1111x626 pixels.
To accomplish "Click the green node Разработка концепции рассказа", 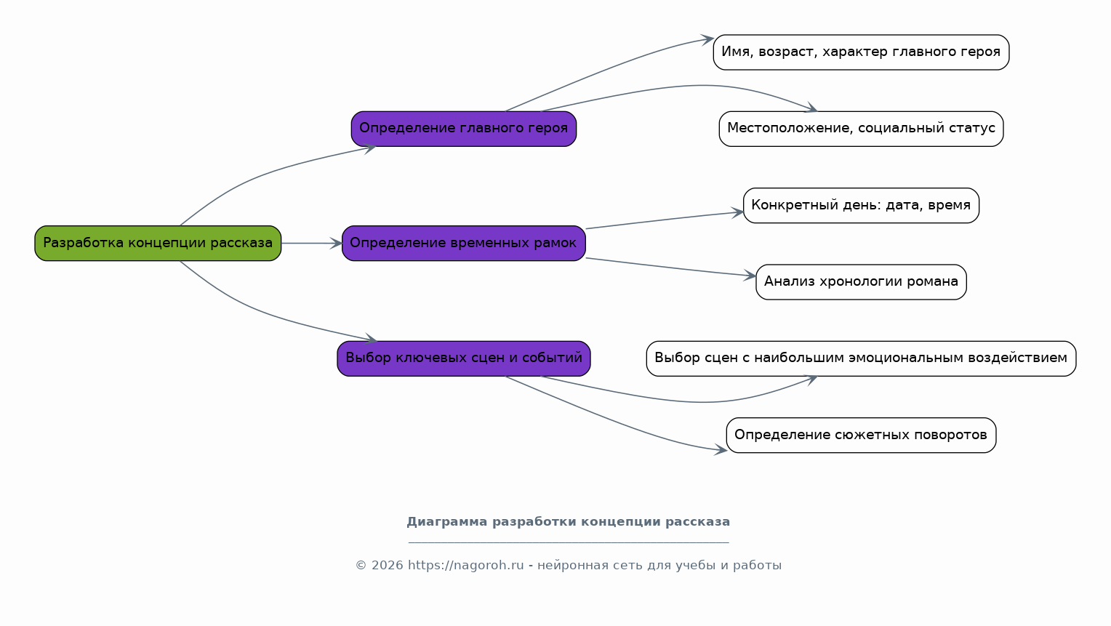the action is click(158, 243).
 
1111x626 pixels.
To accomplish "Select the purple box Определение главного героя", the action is click(464, 129).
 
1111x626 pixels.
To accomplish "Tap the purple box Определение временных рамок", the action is click(464, 243).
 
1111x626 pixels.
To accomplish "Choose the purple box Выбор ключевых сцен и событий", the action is click(464, 358).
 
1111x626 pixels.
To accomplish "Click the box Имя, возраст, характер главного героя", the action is click(861, 52).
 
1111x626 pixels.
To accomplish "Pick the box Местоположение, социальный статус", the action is click(861, 129).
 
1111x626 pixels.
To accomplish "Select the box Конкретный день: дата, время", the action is click(861, 205).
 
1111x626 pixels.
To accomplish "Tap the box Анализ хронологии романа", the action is click(861, 282).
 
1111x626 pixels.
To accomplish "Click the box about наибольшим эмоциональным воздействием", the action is click(861, 358).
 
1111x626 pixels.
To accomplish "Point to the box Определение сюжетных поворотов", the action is click(861, 435).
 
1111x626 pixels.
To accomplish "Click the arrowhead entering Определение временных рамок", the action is click(336, 243).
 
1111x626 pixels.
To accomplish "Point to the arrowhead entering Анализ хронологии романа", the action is click(750, 276).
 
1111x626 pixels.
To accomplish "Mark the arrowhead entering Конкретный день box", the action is click(737, 213).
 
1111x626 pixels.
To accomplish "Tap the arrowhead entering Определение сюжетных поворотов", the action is click(721, 450).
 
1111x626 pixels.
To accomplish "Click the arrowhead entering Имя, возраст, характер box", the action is click(707, 40).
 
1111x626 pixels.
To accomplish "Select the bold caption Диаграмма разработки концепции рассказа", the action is click(569, 522).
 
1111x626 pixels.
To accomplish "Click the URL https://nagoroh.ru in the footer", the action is click(466, 566).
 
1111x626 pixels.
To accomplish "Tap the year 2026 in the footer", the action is click(387, 566).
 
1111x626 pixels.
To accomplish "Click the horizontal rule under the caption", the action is click(569, 542).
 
